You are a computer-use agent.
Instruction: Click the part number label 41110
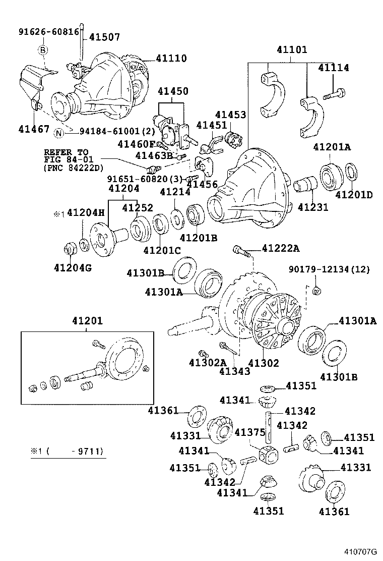171,59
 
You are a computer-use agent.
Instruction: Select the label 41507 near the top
105,36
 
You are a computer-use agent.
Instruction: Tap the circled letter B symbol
43,49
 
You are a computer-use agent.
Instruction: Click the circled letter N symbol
59,133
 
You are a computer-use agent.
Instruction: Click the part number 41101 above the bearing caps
291,50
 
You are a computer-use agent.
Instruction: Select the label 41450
173,91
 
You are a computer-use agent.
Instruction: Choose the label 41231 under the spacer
313,206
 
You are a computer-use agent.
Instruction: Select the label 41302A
208,362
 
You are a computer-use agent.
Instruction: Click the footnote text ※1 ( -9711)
67,452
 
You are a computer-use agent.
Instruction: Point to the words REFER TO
66,152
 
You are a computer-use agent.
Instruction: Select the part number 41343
234,371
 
